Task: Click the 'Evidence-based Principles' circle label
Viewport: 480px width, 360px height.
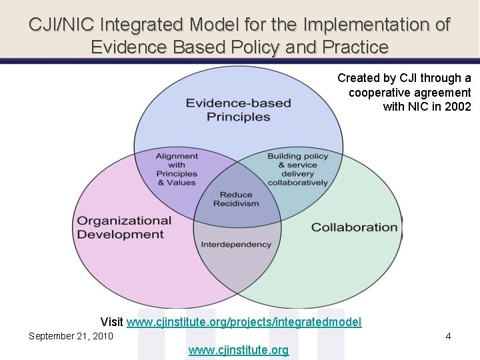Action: click(x=238, y=110)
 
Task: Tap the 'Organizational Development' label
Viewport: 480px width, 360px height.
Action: click(x=124, y=227)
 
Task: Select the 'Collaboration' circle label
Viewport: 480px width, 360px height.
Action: click(x=354, y=227)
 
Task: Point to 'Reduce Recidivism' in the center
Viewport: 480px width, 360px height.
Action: click(x=235, y=199)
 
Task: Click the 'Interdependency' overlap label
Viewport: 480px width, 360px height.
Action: click(x=236, y=244)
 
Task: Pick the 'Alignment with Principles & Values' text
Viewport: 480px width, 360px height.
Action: click(x=177, y=169)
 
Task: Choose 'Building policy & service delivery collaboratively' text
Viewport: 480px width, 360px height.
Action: click(x=298, y=169)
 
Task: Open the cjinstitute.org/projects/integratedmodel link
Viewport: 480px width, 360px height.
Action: click(x=244, y=323)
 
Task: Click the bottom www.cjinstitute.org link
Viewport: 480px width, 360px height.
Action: click(x=239, y=350)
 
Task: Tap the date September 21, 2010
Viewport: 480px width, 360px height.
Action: click(x=71, y=336)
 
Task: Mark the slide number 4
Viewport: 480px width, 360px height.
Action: click(x=448, y=336)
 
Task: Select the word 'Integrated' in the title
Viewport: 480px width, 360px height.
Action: click(x=145, y=25)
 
